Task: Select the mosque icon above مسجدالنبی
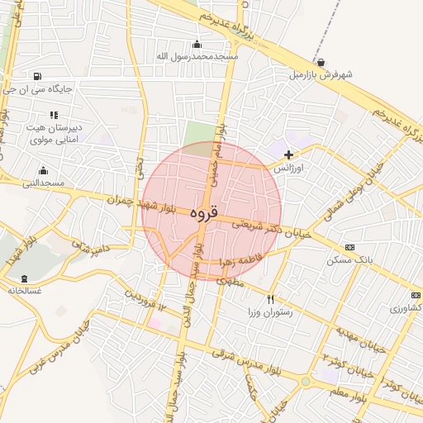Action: coord(42,171)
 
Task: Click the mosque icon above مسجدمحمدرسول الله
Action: coord(197,45)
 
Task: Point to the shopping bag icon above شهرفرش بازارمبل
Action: coord(321,62)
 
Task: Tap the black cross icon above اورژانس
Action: coord(288,154)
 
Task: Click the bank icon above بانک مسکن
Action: coord(349,247)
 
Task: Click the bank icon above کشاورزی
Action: coord(415,295)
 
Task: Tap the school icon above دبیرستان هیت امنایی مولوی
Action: coord(53,116)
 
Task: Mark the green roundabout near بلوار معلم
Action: coord(306,382)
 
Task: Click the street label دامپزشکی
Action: coord(90,246)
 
